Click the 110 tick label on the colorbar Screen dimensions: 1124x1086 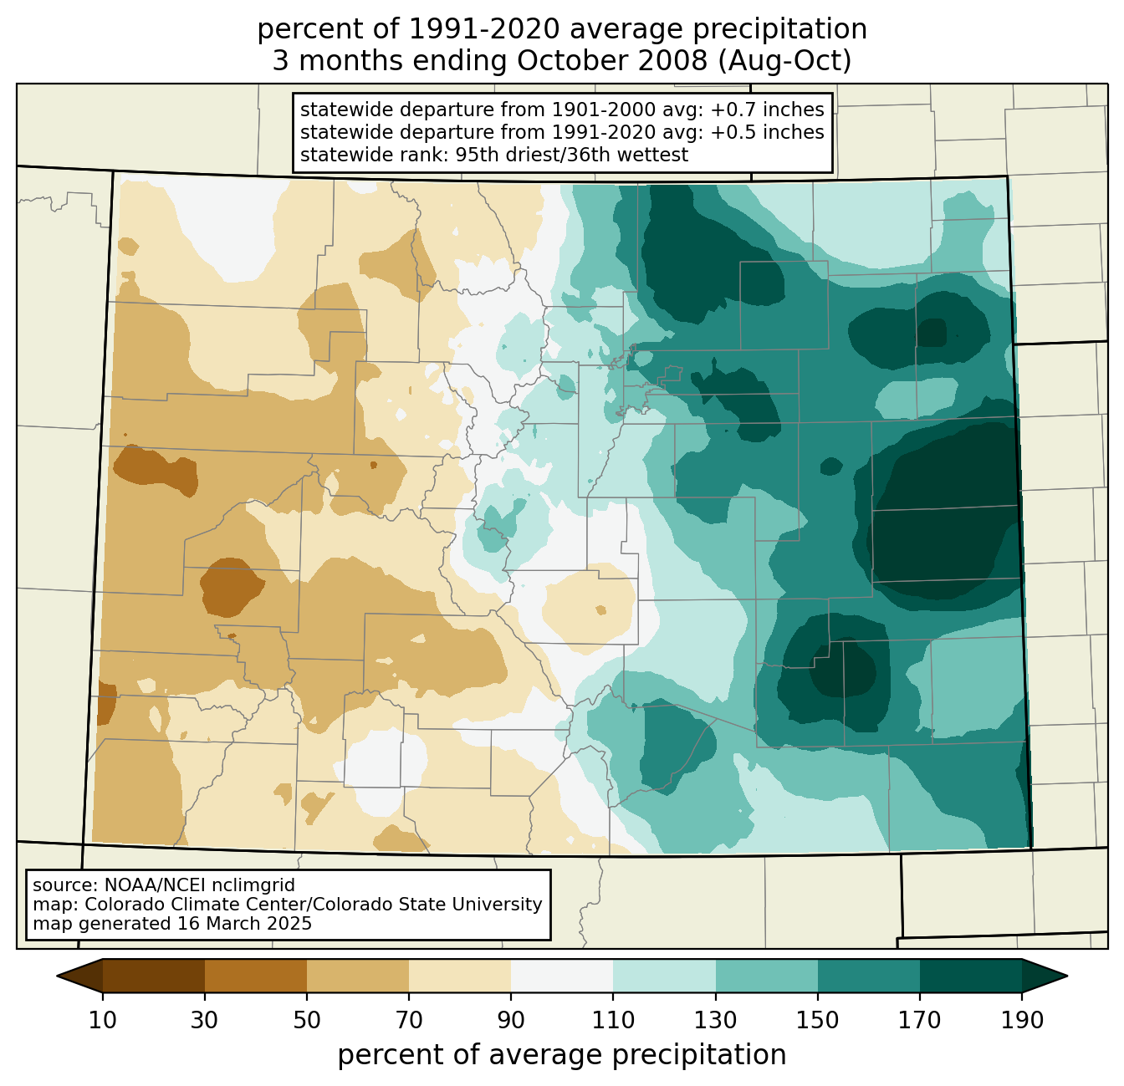pos(613,1020)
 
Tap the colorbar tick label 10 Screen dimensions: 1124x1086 pos(103,1020)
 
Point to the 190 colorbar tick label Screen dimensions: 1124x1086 pos(1022,1020)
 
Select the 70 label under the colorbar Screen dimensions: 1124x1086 pos(409,1020)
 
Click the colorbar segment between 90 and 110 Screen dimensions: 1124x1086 pos(562,976)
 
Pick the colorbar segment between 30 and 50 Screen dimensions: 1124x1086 pos(255,976)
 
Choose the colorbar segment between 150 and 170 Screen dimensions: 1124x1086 pos(869,976)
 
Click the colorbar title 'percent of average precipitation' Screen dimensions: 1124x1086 pos(561,1055)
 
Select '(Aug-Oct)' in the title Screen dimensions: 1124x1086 pos(784,61)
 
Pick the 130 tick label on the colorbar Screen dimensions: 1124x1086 pos(715,1020)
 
